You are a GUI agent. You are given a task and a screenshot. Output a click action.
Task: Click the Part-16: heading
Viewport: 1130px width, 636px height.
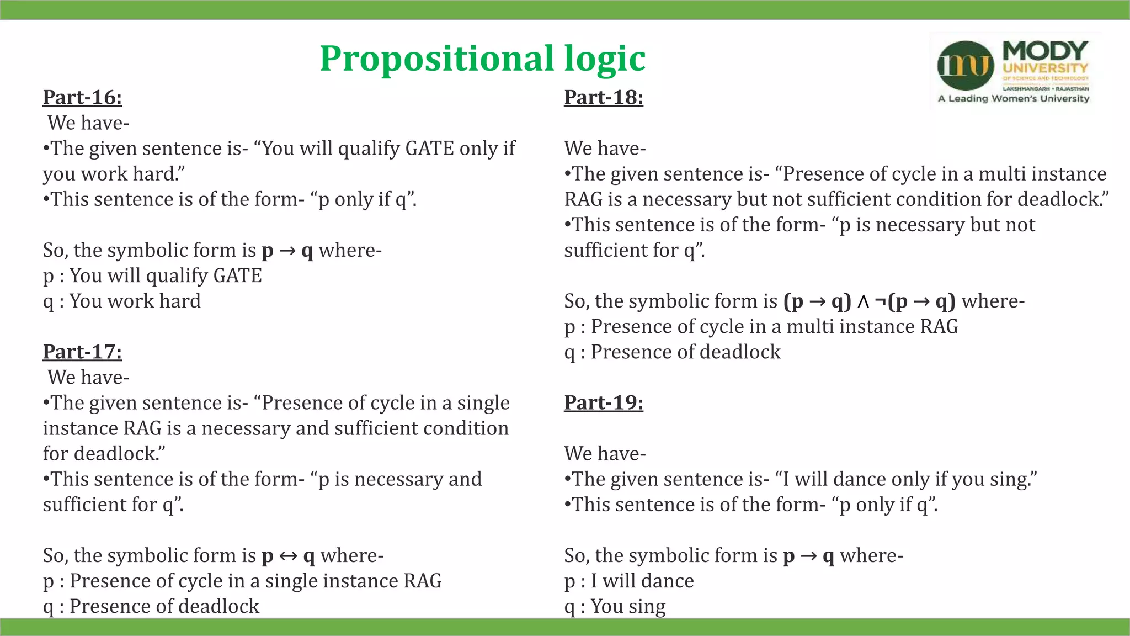(x=82, y=98)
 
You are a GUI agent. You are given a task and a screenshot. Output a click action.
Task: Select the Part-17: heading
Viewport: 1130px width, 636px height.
(x=82, y=352)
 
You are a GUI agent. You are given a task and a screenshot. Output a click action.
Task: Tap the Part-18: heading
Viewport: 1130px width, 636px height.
(x=603, y=98)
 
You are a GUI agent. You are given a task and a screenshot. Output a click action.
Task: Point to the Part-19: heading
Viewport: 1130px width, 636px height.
(x=603, y=403)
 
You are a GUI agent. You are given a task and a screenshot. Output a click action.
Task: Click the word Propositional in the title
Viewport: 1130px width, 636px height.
(x=436, y=59)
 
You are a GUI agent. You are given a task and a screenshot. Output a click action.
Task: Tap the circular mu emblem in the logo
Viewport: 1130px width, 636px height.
(x=966, y=66)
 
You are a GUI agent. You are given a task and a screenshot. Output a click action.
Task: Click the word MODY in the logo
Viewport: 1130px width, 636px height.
(x=1045, y=51)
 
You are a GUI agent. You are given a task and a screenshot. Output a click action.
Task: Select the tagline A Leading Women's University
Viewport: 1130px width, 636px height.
(x=1014, y=99)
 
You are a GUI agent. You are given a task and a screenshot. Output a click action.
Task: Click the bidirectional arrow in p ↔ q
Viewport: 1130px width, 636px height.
(x=288, y=556)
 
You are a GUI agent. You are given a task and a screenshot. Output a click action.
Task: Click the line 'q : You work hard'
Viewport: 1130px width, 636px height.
(x=121, y=301)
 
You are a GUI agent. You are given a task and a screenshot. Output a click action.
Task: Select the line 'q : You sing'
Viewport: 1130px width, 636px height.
(x=615, y=607)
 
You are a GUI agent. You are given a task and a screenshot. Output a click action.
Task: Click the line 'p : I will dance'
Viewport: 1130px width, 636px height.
(x=628, y=581)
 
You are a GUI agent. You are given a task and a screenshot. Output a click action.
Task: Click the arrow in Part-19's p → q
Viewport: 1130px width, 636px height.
(x=808, y=556)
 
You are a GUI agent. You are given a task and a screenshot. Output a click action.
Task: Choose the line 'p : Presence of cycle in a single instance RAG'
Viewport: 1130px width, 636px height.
(x=242, y=581)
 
